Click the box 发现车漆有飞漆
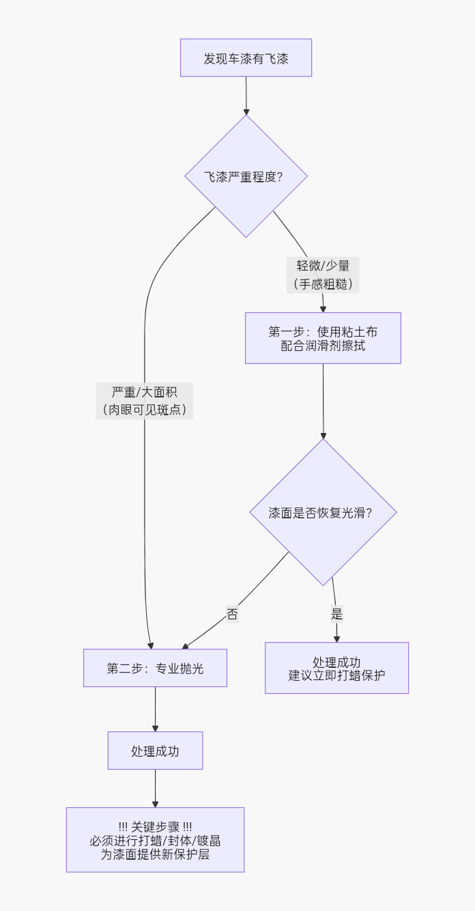[246, 58]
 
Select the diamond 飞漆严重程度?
[246, 176]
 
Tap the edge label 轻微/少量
[323, 266]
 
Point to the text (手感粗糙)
[323, 283]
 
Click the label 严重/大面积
[145, 392]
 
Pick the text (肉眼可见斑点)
[145, 410]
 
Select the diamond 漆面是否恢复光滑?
[323, 512]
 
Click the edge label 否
[233, 614]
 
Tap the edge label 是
[336, 614]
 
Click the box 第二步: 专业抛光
[155, 668]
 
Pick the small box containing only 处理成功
[155, 751]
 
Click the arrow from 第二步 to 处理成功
[155, 709]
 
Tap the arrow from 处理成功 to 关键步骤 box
[155, 788]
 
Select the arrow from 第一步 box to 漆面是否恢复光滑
[323, 401]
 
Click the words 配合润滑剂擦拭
[323, 346]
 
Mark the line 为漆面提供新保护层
[155, 854]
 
